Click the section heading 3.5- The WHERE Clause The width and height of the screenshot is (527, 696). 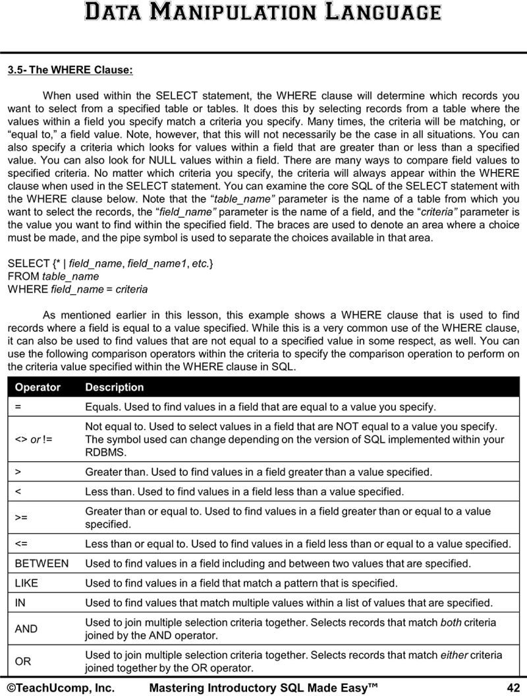70,69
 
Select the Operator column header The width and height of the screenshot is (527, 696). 38,387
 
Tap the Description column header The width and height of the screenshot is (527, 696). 114,387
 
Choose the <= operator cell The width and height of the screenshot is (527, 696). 21,544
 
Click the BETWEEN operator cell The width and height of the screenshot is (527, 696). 42,563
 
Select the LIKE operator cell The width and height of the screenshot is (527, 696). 26,583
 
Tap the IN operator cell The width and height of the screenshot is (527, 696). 19,603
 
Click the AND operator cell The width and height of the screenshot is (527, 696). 26,629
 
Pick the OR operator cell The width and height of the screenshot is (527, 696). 23,660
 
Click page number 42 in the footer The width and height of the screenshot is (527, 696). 513,687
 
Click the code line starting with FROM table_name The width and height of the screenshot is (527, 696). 53,276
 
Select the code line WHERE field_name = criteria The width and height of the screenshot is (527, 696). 77,289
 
